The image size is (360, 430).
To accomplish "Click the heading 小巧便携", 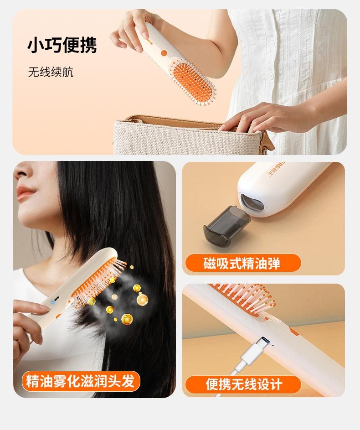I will [62, 46].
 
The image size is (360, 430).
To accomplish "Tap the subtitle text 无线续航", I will [51, 72].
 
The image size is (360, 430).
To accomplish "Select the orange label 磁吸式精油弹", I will [242, 263].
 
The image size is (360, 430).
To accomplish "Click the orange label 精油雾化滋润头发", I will [80, 381].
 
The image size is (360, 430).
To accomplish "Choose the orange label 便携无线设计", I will [244, 384].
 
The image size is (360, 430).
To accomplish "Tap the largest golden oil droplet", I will [142, 300].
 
